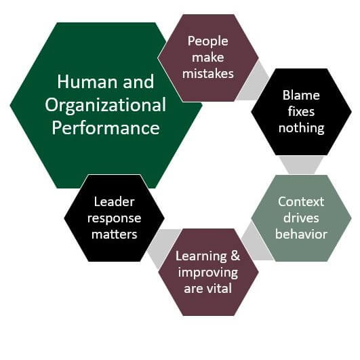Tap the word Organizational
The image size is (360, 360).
pos(105,105)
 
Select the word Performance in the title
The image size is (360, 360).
pos(106,128)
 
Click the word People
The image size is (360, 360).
pos(207,42)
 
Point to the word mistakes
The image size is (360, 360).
pos(208,74)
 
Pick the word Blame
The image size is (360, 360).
pos(301,95)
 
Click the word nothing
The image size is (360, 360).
pos(301,128)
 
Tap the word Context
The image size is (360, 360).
pos(301,202)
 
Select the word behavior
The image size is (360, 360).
pos(301,234)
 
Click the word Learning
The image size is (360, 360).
pos(201,256)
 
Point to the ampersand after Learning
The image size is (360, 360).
pos(235,256)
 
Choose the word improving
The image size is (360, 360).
pos(208,273)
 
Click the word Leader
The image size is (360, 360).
pos(114,202)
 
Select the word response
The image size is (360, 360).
pos(114,219)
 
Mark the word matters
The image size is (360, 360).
pos(114,235)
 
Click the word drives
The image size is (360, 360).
pos(301,218)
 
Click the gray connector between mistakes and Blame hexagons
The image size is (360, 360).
pos(254,82)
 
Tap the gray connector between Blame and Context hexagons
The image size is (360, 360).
pos(301,165)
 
